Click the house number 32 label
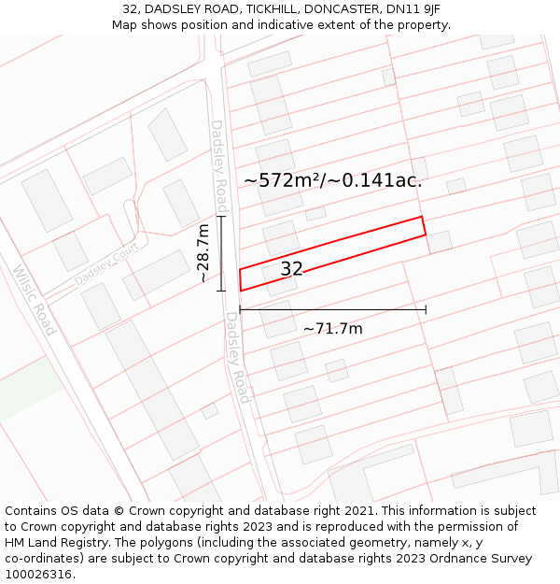point(291,269)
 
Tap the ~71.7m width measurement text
point(332,328)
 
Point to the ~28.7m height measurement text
point(203,252)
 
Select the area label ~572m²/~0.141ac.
point(333,180)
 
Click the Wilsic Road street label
point(35,300)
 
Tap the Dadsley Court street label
point(105,266)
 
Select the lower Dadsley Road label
point(237,357)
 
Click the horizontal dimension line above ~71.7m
point(332,309)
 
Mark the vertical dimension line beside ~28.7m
point(221,253)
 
